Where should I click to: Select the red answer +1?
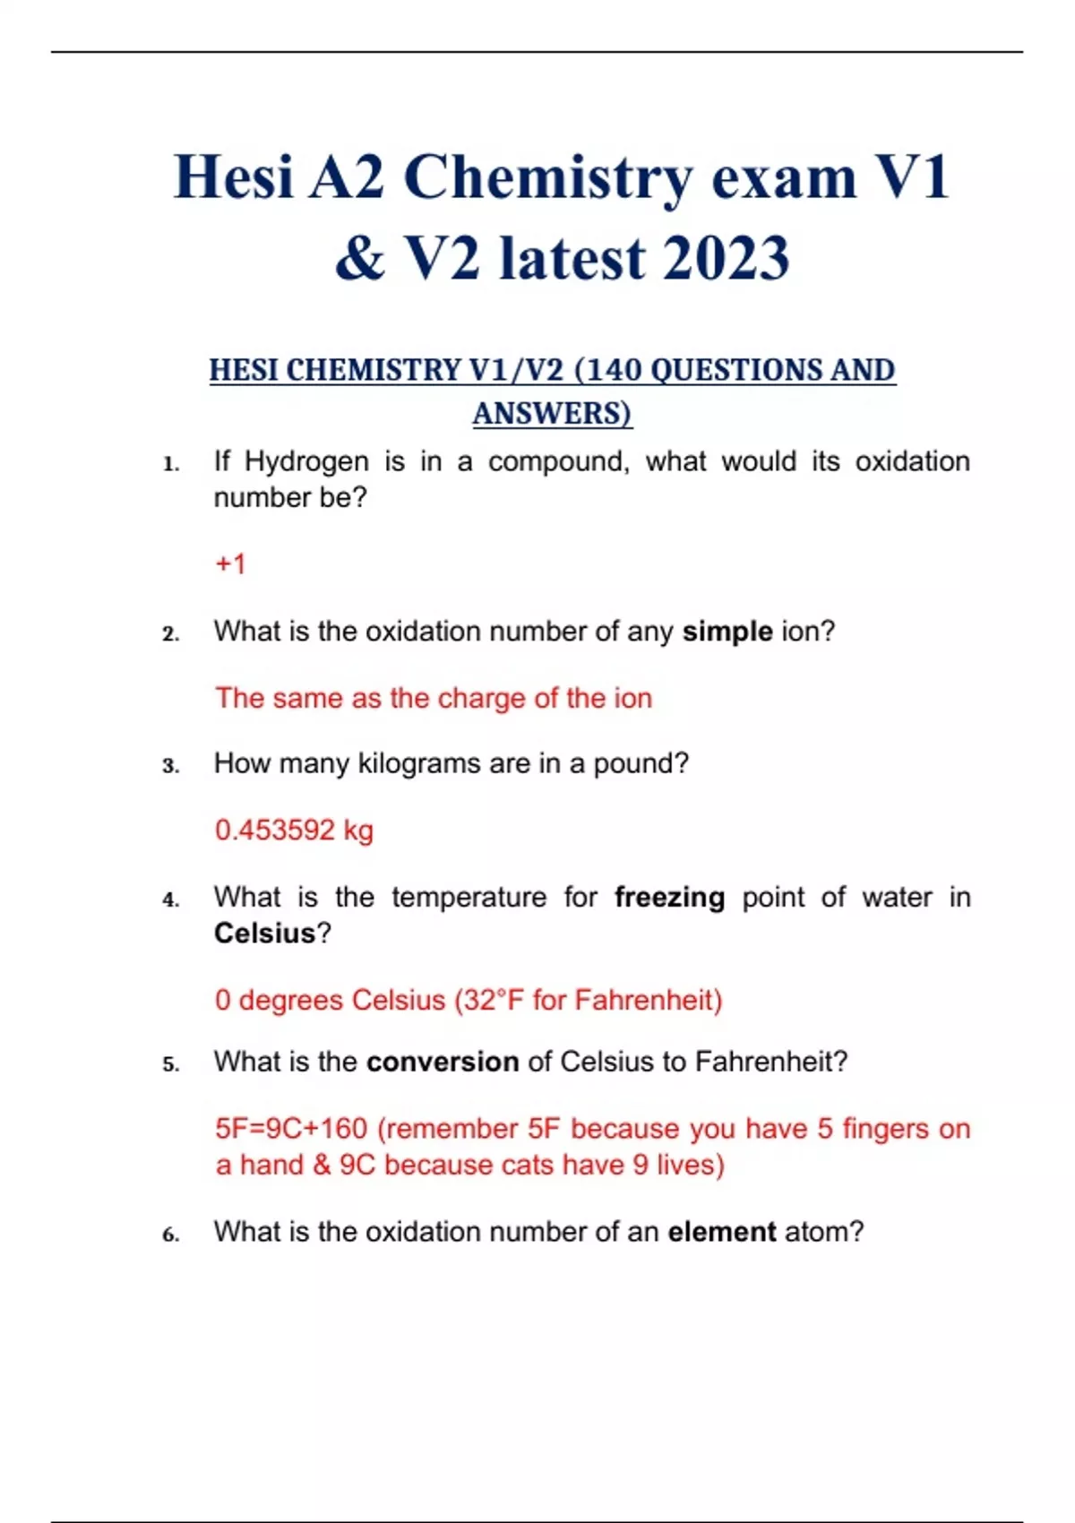[x=230, y=564]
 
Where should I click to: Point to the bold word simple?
[x=727, y=632]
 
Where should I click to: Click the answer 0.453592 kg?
[x=294, y=830]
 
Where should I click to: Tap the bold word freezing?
[x=669, y=897]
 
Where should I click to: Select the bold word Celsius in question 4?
[x=264, y=933]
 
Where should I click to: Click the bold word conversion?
[x=443, y=1062]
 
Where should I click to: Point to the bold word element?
[x=721, y=1232]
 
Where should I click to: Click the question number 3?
[x=170, y=766]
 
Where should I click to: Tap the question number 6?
[x=170, y=1235]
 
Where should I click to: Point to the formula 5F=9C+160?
[x=291, y=1129]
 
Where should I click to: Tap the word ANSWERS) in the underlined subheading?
[x=552, y=414]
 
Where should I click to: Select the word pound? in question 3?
[x=641, y=763]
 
